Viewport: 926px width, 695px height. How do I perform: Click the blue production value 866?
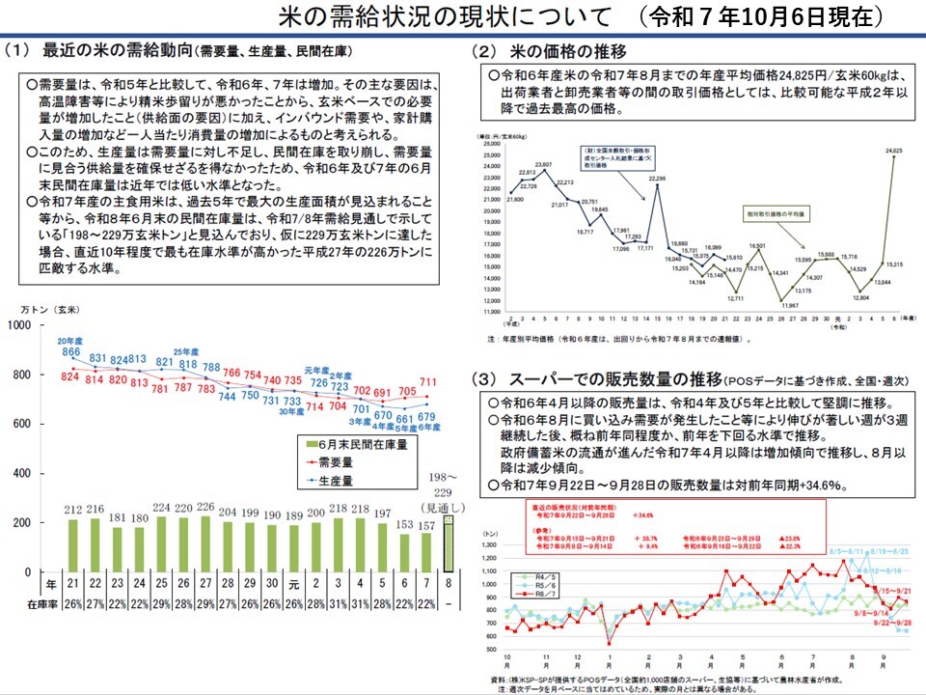[x=70, y=353]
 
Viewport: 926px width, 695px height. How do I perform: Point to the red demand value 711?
[x=429, y=382]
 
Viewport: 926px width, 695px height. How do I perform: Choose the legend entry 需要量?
[x=333, y=462]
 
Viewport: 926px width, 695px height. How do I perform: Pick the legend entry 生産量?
[x=333, y=479]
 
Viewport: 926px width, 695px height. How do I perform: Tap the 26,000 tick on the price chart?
[x=489, y=144]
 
